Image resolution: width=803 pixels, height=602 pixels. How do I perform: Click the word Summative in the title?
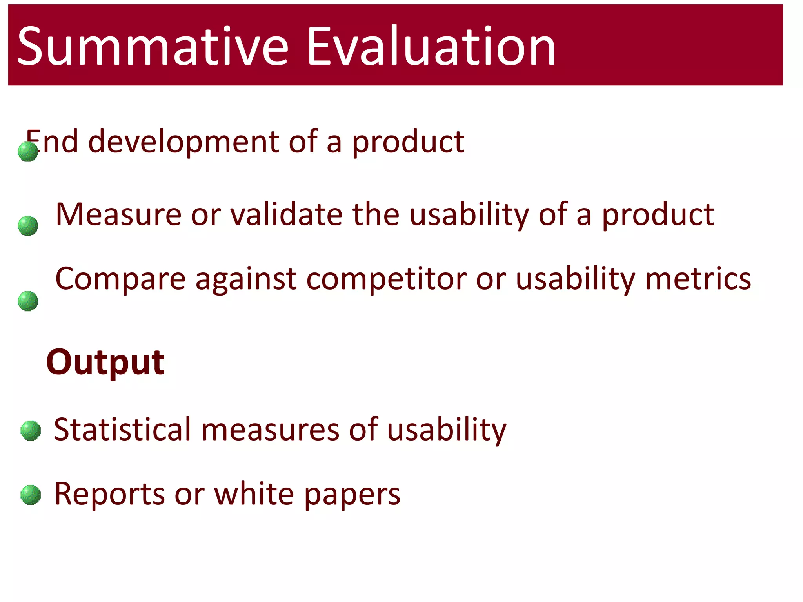153,46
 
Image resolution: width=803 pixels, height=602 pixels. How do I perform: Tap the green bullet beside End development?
28,152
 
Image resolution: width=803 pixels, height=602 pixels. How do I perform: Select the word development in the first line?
183,142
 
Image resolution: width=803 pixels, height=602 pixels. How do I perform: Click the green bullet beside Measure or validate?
28,226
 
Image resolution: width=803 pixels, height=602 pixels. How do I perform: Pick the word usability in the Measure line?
469,215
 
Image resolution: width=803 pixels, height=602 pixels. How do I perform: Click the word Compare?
120,279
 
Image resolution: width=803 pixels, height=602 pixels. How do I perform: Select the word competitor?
386,279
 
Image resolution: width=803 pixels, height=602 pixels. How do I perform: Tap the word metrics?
698,279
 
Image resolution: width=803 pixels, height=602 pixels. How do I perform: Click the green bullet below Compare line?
28,301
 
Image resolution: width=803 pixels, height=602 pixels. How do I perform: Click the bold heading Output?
105,362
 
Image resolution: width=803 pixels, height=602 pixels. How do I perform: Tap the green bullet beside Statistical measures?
31,431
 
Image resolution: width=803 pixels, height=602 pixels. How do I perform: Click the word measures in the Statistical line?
270,430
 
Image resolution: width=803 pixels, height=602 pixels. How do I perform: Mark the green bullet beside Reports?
31,495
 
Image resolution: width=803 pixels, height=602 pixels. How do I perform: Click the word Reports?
109,494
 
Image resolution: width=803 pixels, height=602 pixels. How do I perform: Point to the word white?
254,494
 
